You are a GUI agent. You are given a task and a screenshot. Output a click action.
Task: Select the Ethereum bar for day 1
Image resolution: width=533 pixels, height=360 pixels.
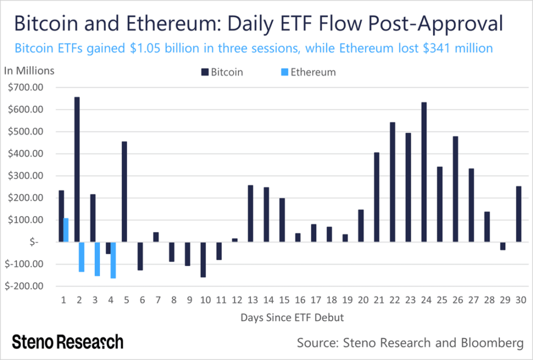coord(66,230)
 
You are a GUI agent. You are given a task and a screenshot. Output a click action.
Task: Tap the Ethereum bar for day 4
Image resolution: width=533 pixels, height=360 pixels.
coord(113,260)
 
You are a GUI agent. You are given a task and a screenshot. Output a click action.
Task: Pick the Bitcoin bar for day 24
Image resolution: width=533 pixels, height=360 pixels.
coord(424,172)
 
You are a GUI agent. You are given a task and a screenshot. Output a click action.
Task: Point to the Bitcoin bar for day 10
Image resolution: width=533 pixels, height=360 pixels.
coord(203,259)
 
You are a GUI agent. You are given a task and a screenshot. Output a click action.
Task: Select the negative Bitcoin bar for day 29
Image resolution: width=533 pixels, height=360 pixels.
coord(502,246)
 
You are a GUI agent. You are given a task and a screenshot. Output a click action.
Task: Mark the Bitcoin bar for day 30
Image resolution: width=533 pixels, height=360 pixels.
coord(518,214)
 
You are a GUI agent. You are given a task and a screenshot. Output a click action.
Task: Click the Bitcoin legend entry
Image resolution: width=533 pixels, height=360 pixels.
coord(222,72)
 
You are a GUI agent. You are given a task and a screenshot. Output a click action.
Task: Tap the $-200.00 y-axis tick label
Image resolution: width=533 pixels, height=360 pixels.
coord(25,286)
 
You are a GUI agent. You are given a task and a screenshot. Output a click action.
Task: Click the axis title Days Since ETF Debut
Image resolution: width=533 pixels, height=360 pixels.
coord(291,317)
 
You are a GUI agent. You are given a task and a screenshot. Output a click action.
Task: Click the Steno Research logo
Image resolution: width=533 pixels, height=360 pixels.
coord(68,342)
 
